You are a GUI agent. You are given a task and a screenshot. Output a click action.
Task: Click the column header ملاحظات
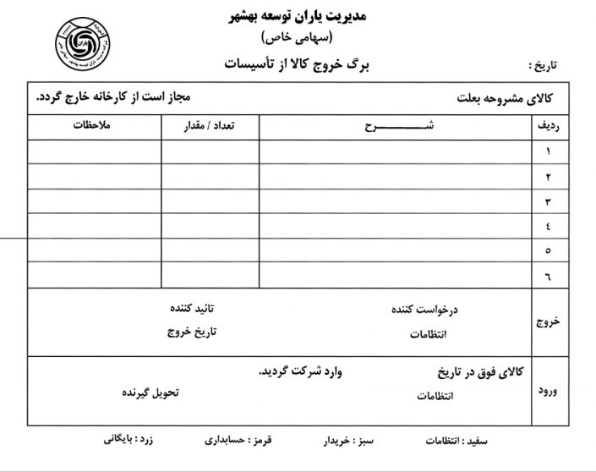pyautogui.click(x=94, y=126)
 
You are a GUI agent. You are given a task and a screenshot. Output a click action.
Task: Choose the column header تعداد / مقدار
pyautogui.click(x=210, y=126)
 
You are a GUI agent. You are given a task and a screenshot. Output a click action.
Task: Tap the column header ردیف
pyautogui.click(x=548, y=127)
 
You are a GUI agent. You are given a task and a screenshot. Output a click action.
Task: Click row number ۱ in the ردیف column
pyautogui.click(x=549, y=152)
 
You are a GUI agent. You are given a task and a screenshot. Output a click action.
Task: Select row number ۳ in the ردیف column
pyautogui.click(x=549, y=201)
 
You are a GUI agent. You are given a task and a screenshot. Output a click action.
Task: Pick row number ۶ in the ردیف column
pyautogui.click(x=549, y=275)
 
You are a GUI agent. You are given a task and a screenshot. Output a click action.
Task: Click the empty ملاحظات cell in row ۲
pyautogui.click(x=94, y=177)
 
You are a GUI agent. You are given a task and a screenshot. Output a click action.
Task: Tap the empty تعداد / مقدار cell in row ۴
pyautogui.click(x=210, y=226)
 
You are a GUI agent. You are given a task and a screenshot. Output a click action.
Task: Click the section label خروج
pyautogui.click(x=548, y=322)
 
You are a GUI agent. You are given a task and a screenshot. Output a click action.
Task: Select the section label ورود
pyautogui.click(x=548, y=391)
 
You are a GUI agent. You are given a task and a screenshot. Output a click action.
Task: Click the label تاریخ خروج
pyautogui.click(x=191, y=332)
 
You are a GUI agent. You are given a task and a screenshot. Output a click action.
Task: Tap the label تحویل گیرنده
pyautogui.click(x=150, y=393)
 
